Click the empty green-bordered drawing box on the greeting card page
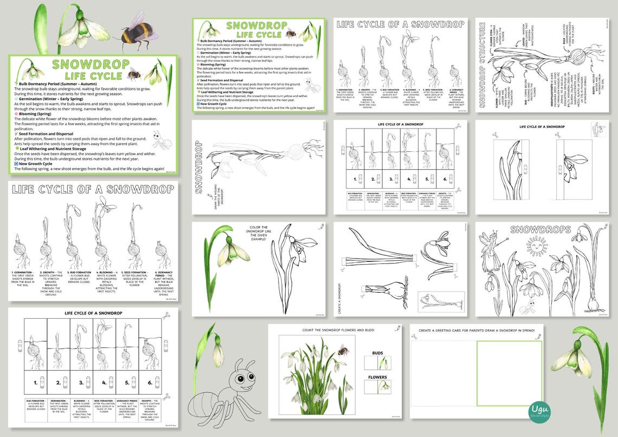[508, 373]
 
